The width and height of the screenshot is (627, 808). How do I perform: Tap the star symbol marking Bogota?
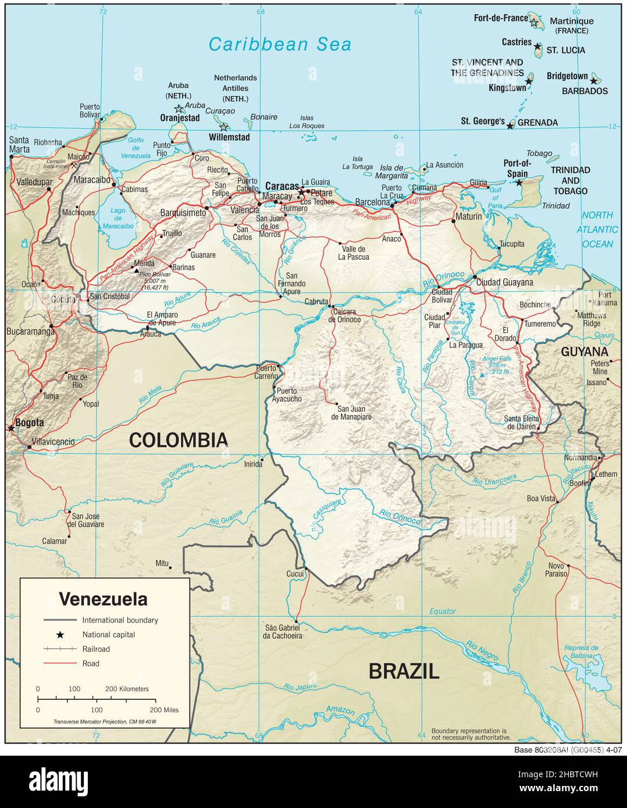[x=11, y=428]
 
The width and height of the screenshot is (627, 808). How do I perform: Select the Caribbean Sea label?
[x=280, y=44]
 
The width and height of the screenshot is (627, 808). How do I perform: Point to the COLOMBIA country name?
[x=178, y=440]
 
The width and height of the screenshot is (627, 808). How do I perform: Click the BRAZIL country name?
[x=404, y=671]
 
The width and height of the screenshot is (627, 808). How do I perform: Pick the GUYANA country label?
[x=585, y=352]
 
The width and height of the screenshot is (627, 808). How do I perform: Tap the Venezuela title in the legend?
[x=104, y=599]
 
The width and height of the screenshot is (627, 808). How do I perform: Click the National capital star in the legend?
[x=60, y=635]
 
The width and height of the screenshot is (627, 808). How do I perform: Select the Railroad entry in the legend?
[x=95, y=649]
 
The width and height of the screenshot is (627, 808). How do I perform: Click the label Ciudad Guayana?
[x=504, y=283]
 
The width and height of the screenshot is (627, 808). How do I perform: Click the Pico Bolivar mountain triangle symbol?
[x=137, y=271]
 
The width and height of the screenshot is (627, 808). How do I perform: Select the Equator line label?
[x=443, y=611]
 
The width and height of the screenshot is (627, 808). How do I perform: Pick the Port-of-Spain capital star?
[x=519, y=183]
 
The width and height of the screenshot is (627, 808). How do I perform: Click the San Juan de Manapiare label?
[x=351, y=412]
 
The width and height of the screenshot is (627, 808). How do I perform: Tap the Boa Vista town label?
[x=540, y=498]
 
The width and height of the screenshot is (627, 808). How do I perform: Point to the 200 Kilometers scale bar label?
[x=126, y=689]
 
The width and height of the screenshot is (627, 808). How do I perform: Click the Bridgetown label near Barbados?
[x=567, y=76]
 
